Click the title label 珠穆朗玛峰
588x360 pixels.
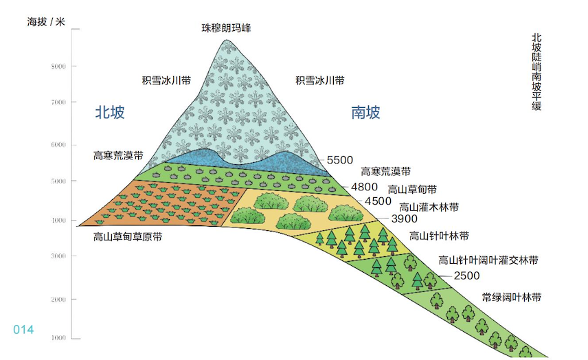[227, 28]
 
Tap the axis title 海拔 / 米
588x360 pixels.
[46, 21]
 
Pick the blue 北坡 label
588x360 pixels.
[110, 112]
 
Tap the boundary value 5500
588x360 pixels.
[340, 160]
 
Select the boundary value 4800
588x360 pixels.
[364, 186]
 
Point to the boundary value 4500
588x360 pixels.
[378, 201]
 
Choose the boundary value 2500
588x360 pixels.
[467, 275]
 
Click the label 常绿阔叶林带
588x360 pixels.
[511, 297]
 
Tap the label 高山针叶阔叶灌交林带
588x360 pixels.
[488, 260]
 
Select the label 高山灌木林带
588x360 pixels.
[429, 206]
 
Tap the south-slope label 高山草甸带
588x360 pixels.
[412, 190]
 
